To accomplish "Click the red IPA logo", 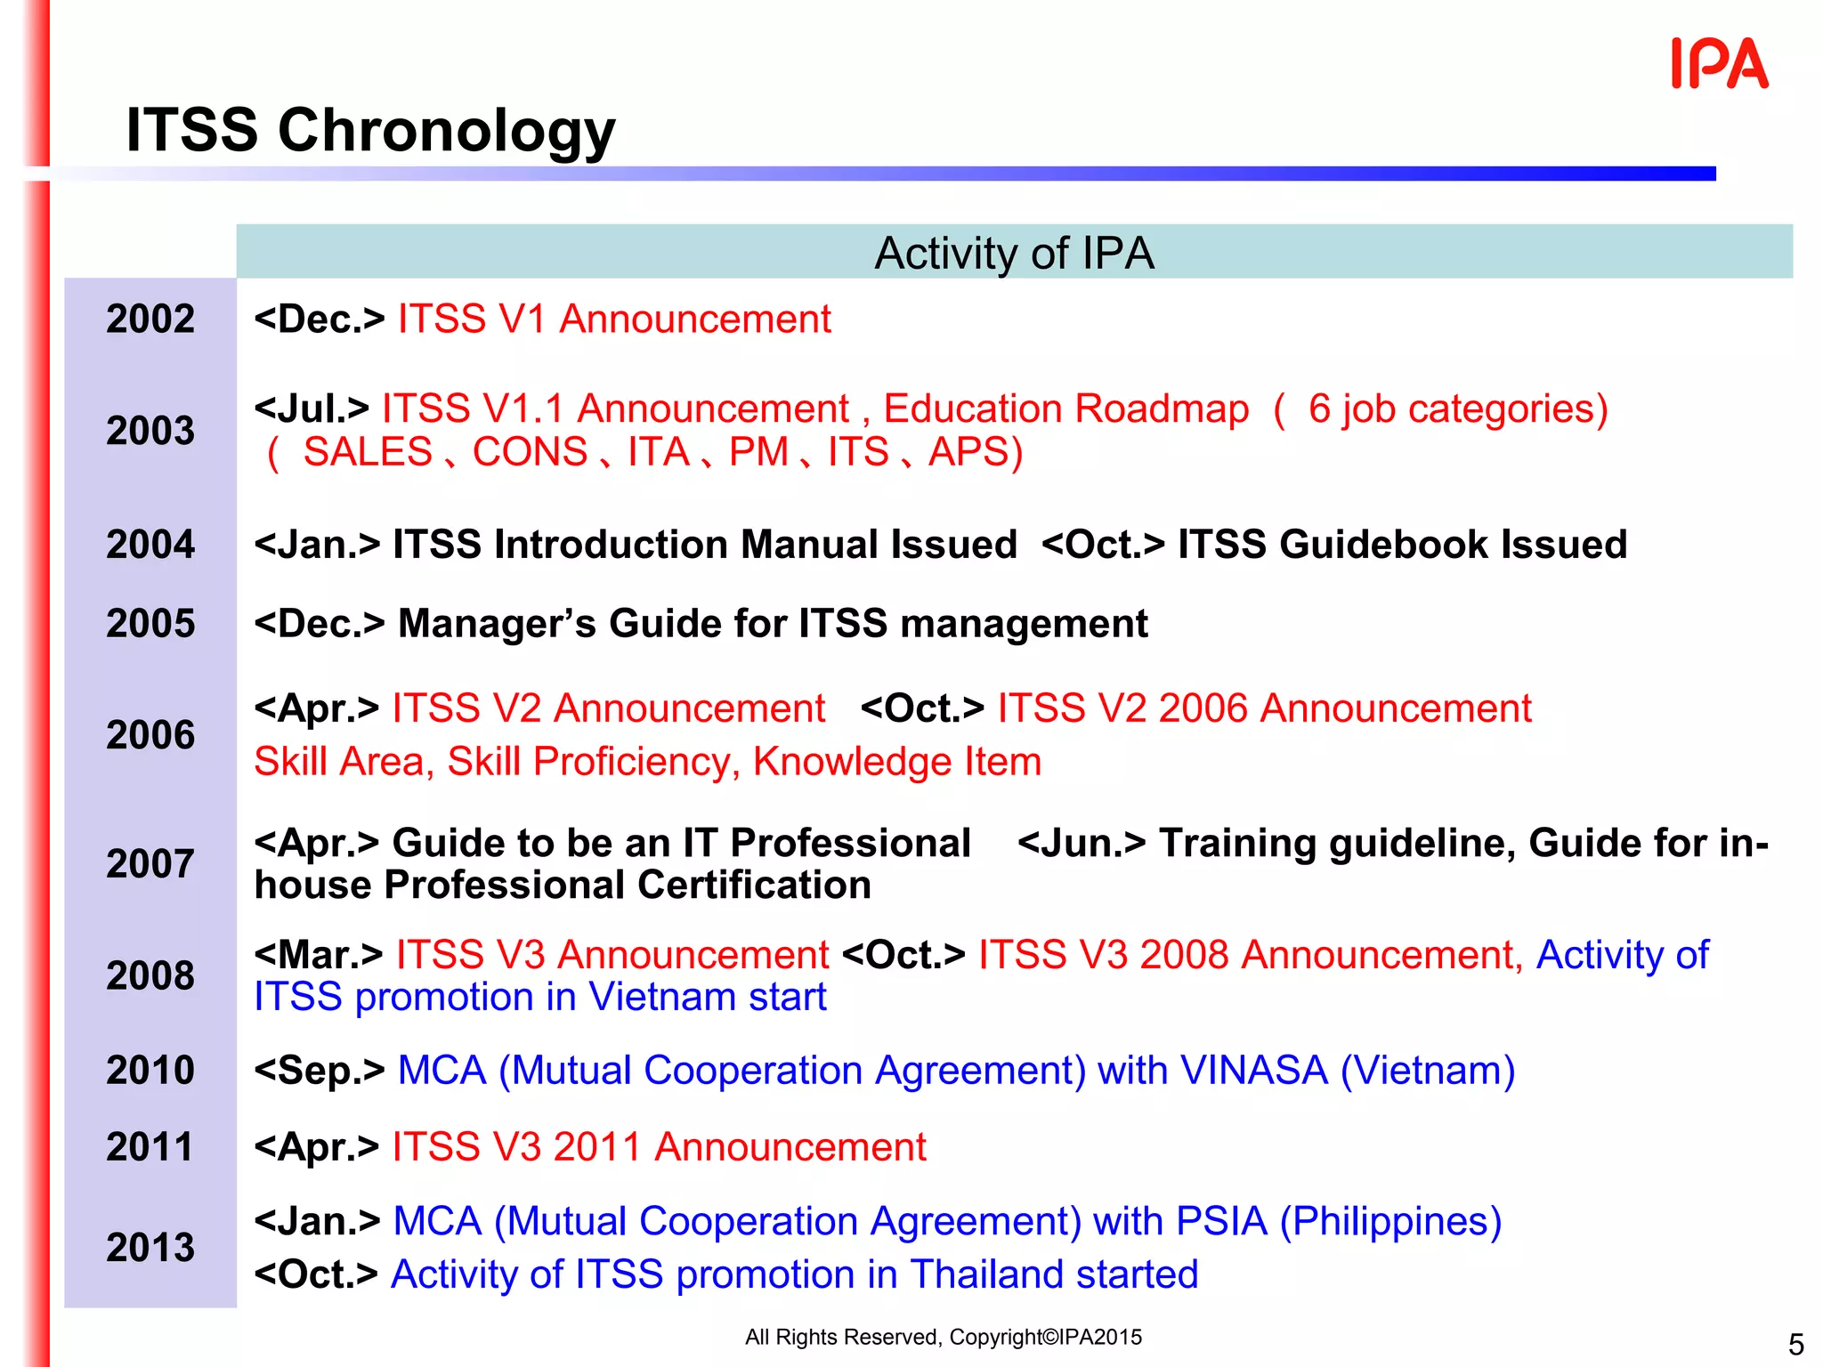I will coord(1719,64).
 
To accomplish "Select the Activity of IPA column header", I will coord(1014,253).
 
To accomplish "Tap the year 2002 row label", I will coord(150,319).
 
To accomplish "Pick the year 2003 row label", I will coord(150,431).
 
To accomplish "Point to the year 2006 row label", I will coord(150,735).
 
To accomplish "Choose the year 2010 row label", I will coord(150,1070).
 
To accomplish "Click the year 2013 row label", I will coord(150,1247).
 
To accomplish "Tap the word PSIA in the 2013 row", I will coord(1220,1221).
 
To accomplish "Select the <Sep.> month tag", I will coord(319,1070).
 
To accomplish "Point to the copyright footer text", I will coord(943,1337).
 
